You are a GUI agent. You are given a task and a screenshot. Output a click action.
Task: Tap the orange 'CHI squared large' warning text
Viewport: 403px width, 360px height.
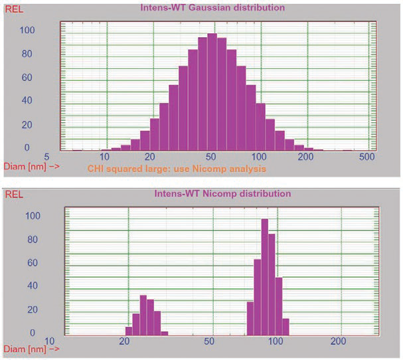(x=177, y=169)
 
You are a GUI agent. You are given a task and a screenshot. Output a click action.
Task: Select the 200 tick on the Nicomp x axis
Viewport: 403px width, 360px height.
(x=339, y=342)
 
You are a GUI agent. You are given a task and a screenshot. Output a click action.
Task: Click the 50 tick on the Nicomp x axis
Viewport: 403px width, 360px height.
(x=209, y=342)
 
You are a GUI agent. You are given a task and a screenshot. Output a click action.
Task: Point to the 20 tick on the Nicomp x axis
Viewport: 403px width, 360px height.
(x=124, y=342)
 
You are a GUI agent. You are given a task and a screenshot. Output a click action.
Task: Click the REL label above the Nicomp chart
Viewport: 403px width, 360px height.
(x=13, y=196)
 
